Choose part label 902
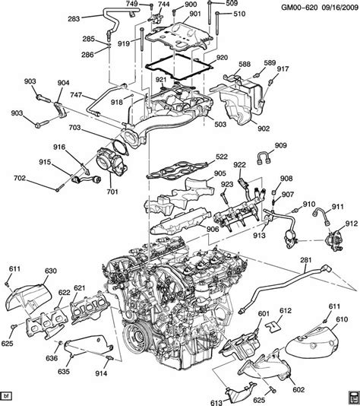[263, 129]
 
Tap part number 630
[51, 271]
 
